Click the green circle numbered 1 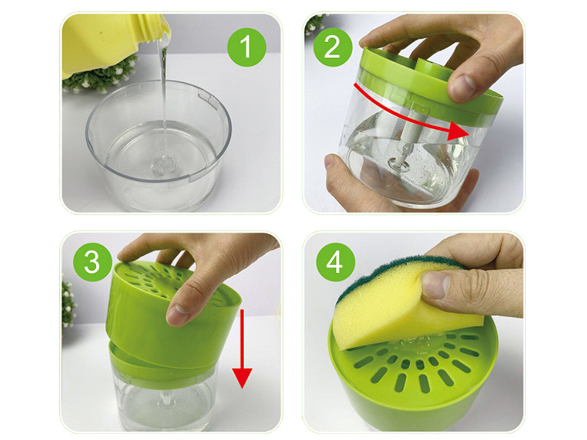247,46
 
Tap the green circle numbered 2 332,46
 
